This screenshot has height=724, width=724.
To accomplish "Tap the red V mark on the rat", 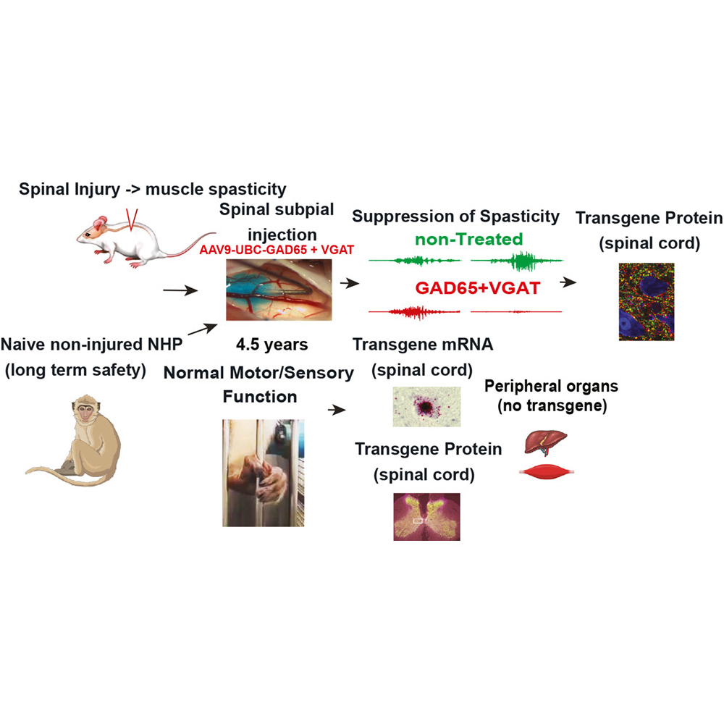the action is [132, 220].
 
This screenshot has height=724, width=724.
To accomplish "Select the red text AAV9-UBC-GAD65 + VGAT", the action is [277, 250].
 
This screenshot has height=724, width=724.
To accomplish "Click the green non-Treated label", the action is [468, 239].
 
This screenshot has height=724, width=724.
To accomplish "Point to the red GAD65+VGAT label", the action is [477, 288].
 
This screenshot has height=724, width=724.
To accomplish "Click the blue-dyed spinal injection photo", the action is [279, 290].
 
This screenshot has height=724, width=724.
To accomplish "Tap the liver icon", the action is [545, 442].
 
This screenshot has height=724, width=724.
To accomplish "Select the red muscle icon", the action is [547, 472].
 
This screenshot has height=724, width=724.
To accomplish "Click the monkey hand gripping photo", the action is [264, 473].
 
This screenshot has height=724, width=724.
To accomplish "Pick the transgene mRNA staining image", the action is [426, 407].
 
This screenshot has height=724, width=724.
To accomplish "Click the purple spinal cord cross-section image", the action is [426, 517].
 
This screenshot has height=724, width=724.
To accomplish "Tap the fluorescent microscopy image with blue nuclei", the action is [647, 302].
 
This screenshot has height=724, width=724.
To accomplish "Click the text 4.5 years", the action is [272, 345].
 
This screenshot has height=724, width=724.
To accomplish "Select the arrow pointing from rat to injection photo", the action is [180, 290].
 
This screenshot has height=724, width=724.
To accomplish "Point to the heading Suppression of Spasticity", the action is [455, 216].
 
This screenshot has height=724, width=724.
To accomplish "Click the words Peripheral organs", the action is [551, 386].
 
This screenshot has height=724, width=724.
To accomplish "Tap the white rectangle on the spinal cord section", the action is [418, 521].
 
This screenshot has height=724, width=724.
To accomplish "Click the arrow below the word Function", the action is [337, 410].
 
